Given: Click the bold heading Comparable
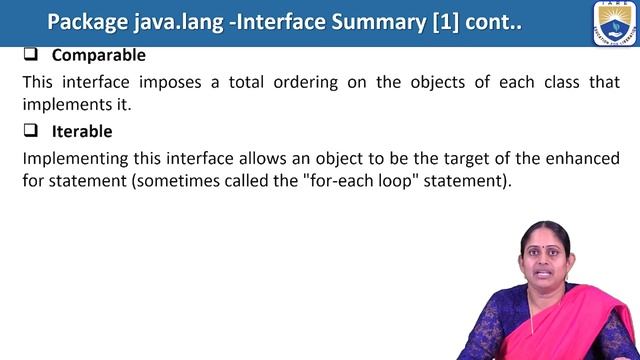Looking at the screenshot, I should (98, 56).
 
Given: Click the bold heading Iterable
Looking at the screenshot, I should (82, 131).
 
